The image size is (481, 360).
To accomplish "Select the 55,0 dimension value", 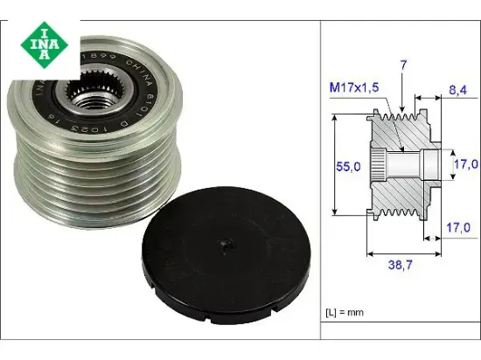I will pos(350,164).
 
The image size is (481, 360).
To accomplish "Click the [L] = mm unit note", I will pos(344,310).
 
